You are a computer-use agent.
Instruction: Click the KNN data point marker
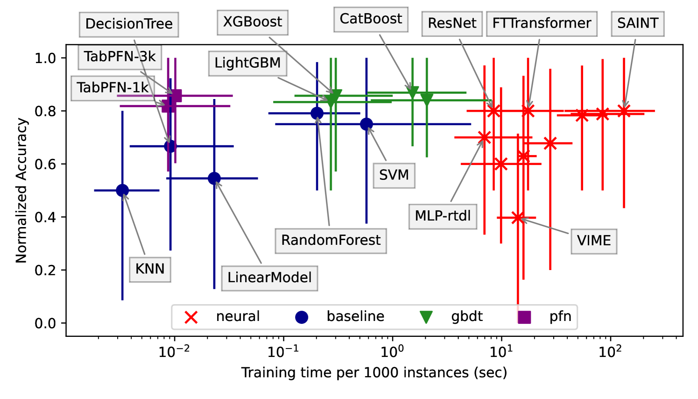122,190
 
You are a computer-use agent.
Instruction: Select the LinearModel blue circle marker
214,178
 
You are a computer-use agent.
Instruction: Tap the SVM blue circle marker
367,124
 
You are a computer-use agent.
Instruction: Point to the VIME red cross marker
517,217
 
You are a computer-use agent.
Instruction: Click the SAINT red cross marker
624,111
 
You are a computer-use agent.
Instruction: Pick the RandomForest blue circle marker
317,113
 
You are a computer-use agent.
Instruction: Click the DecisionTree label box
129,24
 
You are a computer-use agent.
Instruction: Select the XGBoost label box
253,22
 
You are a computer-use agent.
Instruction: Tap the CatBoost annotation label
371,19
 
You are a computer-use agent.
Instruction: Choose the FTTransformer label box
542,23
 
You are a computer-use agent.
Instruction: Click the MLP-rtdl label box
443,216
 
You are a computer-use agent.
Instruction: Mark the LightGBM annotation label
247,63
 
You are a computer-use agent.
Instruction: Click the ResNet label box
452,23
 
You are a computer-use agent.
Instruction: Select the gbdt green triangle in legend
426,317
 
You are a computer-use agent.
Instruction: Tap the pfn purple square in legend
524,317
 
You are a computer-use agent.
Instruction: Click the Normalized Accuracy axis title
21,190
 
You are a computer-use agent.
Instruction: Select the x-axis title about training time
374,373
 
